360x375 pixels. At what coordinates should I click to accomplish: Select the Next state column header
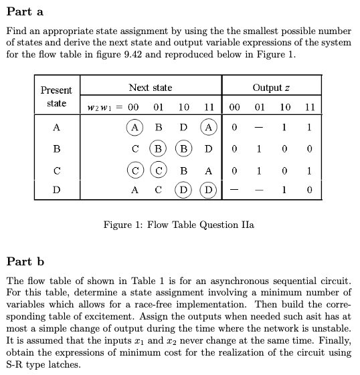click(150, 88)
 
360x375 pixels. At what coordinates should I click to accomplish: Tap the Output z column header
click(270, 88)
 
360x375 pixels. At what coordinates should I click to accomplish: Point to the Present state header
click(56, 96)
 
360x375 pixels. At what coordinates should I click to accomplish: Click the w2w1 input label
click(103, 108)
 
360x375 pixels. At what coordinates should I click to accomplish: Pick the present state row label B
click(56, 148)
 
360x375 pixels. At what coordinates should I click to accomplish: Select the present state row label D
click(56, 191)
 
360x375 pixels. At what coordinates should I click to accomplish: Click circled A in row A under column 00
click(134, 127)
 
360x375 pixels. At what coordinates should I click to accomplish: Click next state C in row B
click(134, 148)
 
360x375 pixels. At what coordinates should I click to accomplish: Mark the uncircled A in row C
click(209, 170)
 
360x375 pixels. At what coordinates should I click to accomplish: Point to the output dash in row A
click(258, 127)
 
